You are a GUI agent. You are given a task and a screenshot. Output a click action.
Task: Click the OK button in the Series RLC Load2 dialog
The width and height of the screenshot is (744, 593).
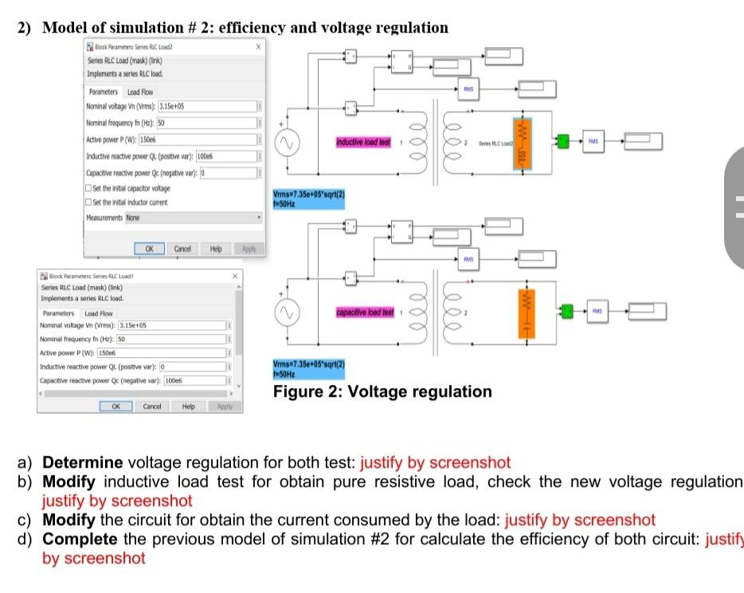click(149, 249)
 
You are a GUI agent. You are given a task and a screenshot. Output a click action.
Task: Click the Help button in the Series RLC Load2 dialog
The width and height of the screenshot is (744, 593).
click(215, 249)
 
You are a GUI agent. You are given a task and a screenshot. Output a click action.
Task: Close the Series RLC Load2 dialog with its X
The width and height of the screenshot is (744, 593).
click(257, 47)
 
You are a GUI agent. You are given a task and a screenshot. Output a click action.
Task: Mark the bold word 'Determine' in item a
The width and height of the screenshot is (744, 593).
click(82, 462)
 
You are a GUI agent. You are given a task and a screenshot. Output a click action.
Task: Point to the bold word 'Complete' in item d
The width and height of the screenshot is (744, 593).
click(81, 539)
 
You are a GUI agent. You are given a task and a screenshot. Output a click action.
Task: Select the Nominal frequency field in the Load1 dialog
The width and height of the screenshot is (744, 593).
click(172, 340)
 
